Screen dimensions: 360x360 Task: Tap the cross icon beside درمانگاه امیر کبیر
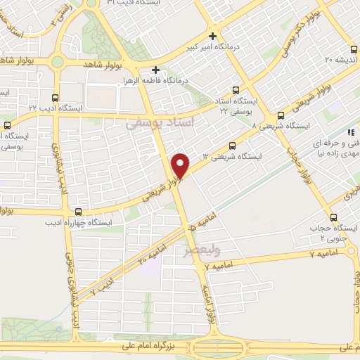[213, 36]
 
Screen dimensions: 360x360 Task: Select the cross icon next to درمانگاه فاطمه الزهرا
[155, 70]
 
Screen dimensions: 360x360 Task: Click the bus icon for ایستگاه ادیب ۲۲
[55, 98]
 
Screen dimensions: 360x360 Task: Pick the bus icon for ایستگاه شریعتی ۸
[281, 115]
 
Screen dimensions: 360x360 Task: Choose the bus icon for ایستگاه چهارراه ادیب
[77, 212]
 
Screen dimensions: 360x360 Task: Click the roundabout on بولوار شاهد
[57, 62]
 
